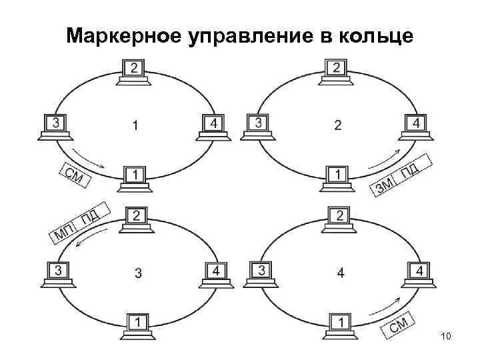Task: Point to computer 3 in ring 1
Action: tap(56, 126)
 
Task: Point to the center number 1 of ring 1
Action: tap(135, 125)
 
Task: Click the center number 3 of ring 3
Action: tap(137, 273)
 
